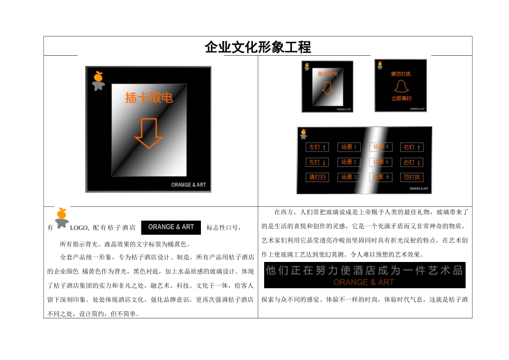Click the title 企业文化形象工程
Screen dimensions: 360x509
click(258, 47)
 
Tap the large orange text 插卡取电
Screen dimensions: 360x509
click(149, 97)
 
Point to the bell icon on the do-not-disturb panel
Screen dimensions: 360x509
click(400, 87)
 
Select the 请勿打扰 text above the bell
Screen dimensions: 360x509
click(401, 74)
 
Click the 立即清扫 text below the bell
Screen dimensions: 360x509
click(401, 99)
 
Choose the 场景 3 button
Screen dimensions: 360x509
click(349, 177)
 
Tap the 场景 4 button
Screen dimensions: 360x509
click(381, 147)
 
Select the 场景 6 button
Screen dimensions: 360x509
click(381, 177)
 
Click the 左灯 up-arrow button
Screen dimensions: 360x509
click(317, 147)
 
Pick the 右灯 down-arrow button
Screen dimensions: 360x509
click(411, 162)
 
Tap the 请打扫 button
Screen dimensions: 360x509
click(317, 177)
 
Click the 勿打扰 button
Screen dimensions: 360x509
click(411, 177)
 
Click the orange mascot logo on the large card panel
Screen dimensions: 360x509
click(98, 80)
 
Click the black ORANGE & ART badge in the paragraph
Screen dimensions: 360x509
click(171, 227)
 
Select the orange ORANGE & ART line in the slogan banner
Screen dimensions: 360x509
click(364, 282)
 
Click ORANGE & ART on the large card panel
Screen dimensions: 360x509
click(188, 185)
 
